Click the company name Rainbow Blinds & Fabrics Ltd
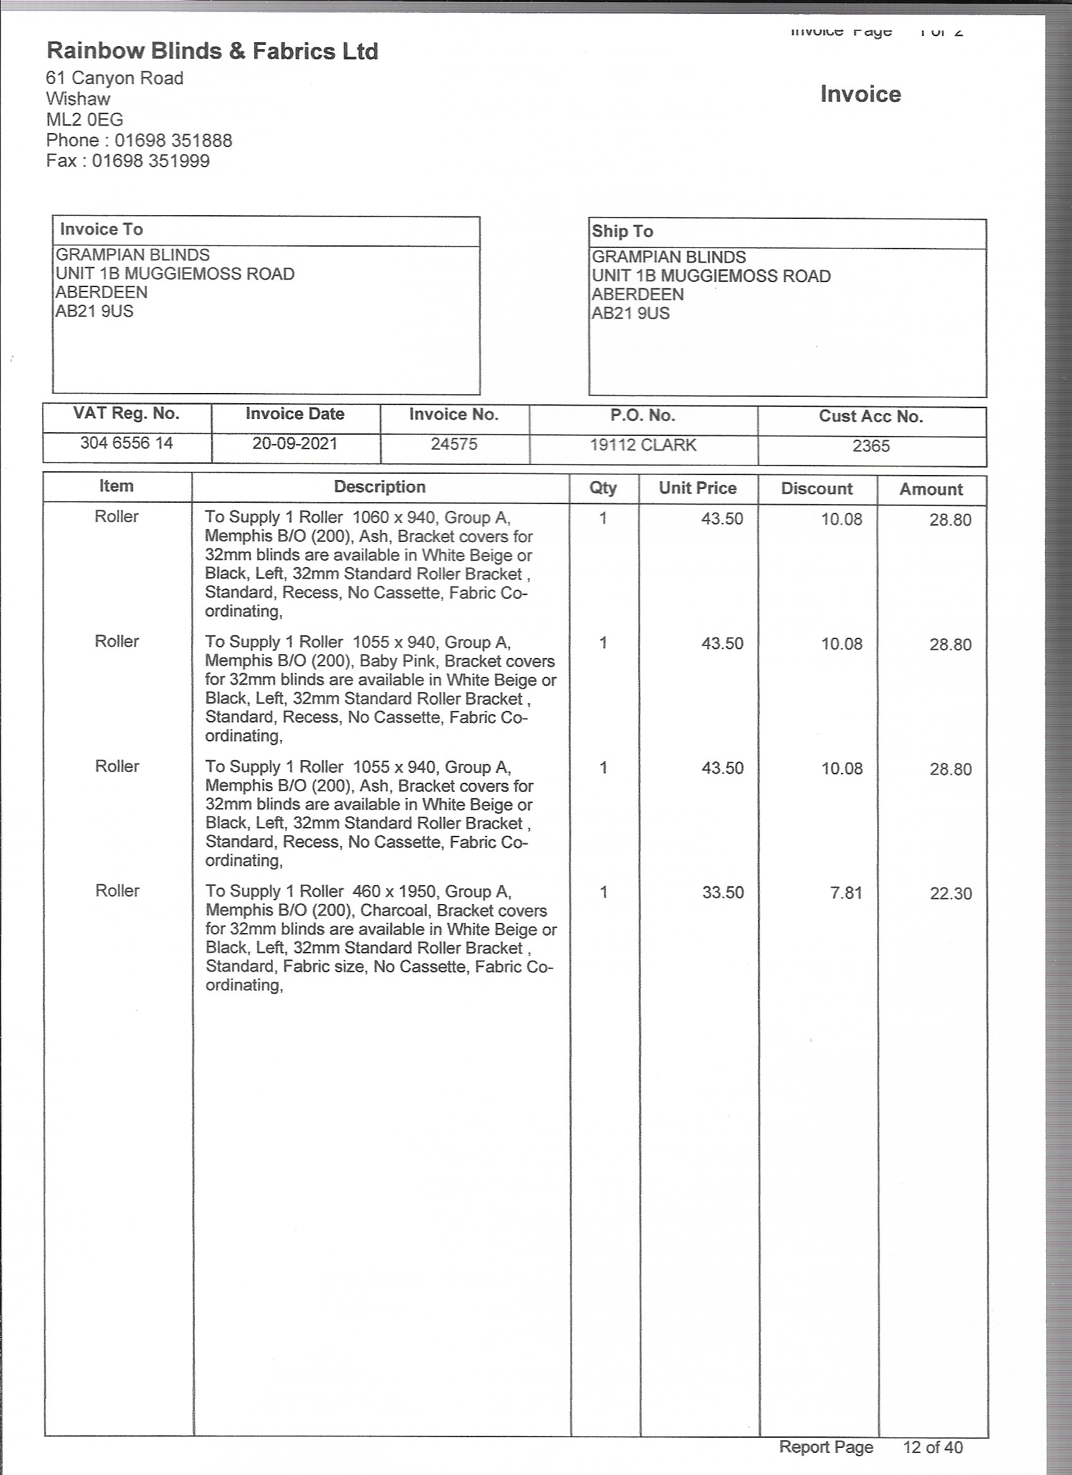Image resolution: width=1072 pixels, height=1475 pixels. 212,51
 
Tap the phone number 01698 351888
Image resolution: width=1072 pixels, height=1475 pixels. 173,141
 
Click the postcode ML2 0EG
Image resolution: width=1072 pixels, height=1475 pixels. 84,120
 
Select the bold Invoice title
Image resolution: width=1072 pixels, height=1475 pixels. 860,94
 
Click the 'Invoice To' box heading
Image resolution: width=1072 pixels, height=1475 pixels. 102,230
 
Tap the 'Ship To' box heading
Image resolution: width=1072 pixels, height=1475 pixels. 622,232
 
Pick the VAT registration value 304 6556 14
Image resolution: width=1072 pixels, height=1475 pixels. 126,443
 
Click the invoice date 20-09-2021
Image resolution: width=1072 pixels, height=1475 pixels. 295,444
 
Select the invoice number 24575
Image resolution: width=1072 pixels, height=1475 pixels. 454,444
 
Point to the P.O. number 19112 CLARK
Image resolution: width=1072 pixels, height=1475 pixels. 643,445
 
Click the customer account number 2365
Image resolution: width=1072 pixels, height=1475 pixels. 870,446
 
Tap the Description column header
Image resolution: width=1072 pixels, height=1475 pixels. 380,487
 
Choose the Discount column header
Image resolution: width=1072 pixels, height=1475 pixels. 817,489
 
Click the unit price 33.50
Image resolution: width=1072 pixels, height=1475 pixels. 722,892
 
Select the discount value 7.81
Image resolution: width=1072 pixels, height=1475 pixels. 846,893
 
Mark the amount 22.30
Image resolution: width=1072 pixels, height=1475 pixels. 950,893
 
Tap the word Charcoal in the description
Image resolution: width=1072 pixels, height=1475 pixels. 394,911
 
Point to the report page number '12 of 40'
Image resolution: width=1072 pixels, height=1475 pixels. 932,1447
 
